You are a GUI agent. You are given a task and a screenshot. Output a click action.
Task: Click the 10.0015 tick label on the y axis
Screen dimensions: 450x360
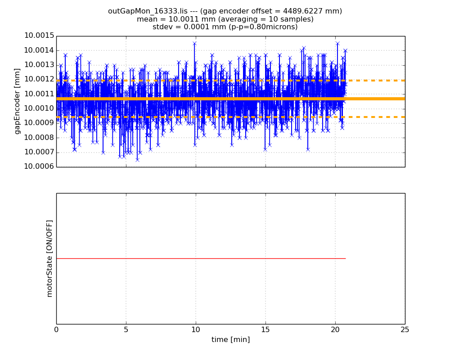point(39,36)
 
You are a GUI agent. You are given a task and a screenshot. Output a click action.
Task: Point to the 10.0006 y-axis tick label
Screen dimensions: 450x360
point(39,166)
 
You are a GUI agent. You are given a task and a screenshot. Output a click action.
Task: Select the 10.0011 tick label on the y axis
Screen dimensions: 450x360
point(39,94)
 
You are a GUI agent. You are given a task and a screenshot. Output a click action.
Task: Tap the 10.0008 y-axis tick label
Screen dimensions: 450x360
point(39,138)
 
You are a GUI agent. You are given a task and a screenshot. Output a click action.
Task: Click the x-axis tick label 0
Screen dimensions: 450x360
point(56,329)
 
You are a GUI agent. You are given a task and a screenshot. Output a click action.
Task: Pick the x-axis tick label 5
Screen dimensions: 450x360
point(126,329)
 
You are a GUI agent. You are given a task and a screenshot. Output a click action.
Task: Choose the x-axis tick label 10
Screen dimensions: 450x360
point(196,329)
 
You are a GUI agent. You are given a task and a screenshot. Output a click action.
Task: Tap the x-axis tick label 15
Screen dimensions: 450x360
point(265,329)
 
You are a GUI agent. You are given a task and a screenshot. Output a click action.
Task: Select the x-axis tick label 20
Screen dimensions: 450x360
point(335,329)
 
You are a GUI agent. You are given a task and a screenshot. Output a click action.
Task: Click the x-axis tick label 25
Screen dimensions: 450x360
point(405,329)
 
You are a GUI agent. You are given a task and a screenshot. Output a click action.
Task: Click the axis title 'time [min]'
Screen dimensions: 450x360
point(231,340)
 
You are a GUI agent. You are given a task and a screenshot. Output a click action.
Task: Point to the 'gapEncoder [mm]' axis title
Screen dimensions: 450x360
point(18,101)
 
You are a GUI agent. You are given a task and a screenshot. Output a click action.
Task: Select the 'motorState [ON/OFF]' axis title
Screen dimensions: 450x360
point(49,259)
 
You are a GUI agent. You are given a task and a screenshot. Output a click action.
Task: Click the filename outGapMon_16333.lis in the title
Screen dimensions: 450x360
point(148,11)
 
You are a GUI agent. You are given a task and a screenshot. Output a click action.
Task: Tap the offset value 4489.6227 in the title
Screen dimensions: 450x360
point(300,11)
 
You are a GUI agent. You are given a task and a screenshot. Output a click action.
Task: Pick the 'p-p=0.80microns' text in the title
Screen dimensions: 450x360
point(267,27)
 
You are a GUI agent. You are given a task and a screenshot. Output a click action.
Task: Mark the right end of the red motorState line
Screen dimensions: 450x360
point(346,259)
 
